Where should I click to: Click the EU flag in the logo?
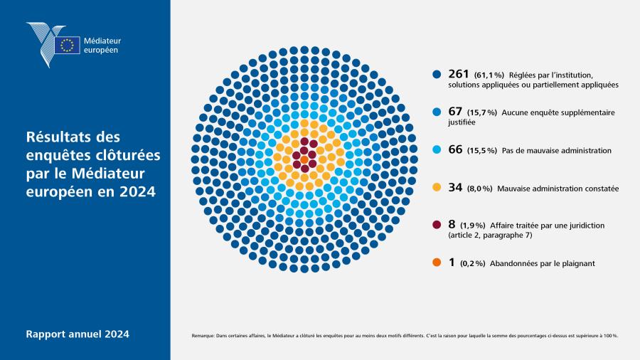coord(67,45)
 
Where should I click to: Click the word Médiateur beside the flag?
coord(102,41)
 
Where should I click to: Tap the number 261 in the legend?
coord(459,74)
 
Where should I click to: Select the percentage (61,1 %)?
coord(489,75)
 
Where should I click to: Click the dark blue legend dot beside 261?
coord(437,74)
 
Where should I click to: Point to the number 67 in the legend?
coord(455,112)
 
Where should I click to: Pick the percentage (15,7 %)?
coord(482,112)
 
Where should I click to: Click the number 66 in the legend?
coord(455,149)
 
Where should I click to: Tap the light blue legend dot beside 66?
coord(437,149)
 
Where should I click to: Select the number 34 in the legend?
coord(455,187)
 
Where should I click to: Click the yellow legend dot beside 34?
coord(437,187)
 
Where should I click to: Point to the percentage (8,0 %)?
coord(479,189)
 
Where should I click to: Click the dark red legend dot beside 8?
coord(437,225)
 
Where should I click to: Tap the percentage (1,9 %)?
coord(473,226)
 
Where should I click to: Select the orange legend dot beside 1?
coord(437,263)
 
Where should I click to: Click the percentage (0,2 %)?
coord(473,264)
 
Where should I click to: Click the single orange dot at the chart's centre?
coord(304,159)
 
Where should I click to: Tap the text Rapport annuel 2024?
coord(78,334)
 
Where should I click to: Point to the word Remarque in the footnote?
coord(203,336)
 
